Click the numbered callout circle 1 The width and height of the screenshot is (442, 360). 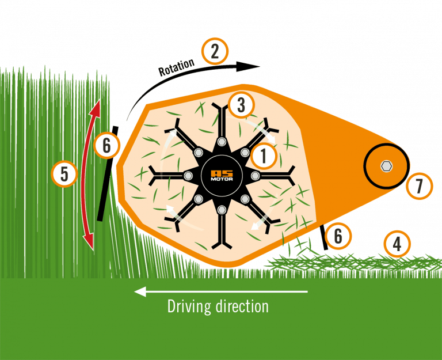pos(264,154)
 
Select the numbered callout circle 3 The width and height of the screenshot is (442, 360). pos(241,105)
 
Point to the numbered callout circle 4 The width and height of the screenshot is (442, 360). pos(397,245)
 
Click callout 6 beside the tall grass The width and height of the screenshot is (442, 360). pos(106,146)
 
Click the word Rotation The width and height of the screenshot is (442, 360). pos(176,68)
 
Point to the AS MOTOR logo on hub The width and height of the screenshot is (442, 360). pos(222,175)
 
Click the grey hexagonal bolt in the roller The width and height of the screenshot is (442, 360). pos(386,166)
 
